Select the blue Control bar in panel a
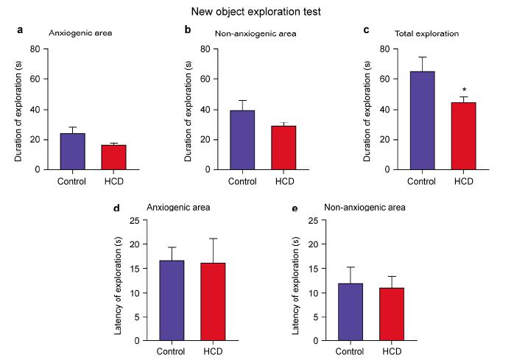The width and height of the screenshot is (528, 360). (x=72, y=151)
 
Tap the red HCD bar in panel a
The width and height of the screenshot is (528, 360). (x=113, y=157)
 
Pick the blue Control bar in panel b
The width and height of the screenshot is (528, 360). (x=242, y=140)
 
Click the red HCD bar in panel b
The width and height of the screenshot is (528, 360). (x=283, y=147)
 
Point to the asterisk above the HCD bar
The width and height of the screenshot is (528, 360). (x=463, y=90)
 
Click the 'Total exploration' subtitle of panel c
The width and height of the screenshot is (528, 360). (x=427, y=34)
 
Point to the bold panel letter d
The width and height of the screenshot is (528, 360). (x=116, y=208)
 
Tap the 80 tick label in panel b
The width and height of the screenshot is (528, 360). (x=205, y=49)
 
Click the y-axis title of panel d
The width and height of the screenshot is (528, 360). (x=118, y=280)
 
